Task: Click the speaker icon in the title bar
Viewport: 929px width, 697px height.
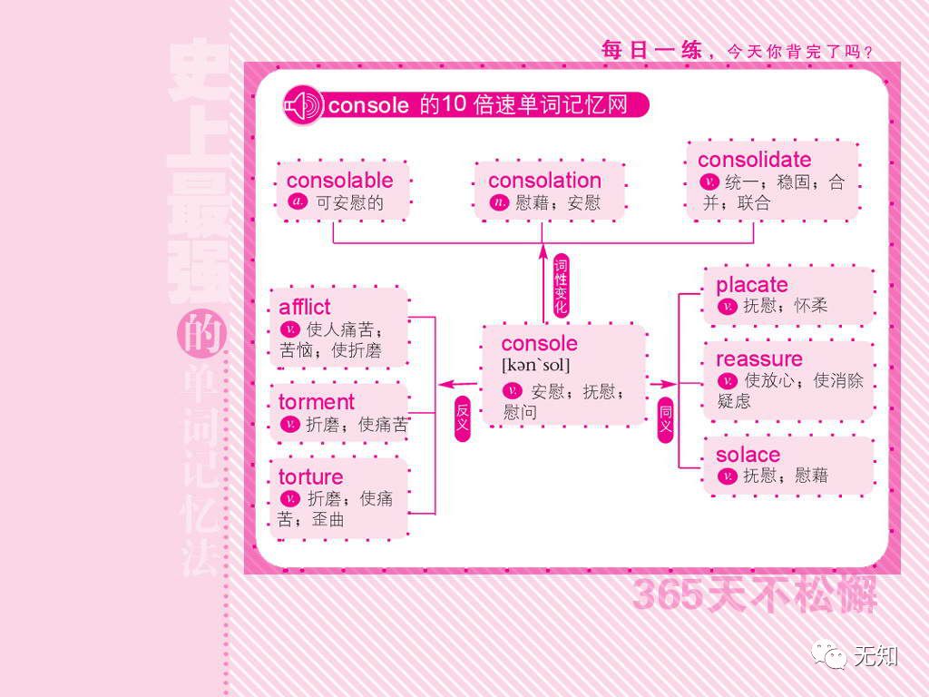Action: [x=302, y=106]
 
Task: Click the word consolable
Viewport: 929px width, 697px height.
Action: [x=339, y=180]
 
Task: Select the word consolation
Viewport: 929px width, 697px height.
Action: [x=544, y=180]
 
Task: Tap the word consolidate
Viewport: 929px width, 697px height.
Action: [x=754, y=160]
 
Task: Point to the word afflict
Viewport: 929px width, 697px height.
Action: [x=305, y=307]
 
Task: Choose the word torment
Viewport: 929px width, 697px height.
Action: [x=317, y=402]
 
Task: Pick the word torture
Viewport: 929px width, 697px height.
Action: [x=311, y=476]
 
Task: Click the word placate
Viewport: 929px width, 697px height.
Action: [x=752, y=285]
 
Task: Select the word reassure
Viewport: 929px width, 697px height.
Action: [x=759, y=358]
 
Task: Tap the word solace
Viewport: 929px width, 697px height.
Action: [x=748, y=455]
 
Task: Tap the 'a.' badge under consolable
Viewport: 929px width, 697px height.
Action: [x=298, y=201]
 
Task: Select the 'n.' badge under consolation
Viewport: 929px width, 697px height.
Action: [x=499, y=201]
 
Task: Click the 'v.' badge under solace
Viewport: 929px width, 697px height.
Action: [x=727, y=476]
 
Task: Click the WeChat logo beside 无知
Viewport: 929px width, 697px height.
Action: [x=829, y=653]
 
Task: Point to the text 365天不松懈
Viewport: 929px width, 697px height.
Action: [x=754, y=594]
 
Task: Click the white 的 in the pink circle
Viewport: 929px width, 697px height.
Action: [x=200, y=337]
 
